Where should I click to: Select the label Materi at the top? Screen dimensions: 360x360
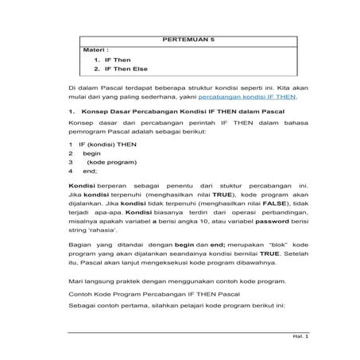(x=96, y=49)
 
